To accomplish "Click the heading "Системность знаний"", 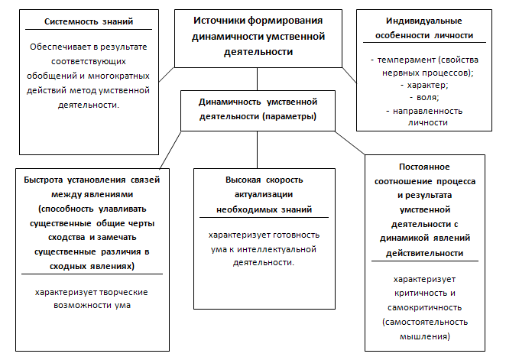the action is (89, 21).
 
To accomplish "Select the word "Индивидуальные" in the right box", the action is (424, 21).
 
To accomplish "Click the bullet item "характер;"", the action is (427, 85).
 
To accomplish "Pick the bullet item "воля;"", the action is (427, 97).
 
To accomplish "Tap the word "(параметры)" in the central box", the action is (289, 116).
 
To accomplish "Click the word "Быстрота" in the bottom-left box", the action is (44, 180).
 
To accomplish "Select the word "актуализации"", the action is (264, 194).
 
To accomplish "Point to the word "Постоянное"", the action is (424, 167).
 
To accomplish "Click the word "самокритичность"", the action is (425, 308).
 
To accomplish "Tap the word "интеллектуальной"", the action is (277, 249).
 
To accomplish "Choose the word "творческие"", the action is (124, 292).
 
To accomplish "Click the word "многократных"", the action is (118, 76).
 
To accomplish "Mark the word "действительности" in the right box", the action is (425, 253).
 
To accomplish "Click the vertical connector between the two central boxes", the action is (257, 79).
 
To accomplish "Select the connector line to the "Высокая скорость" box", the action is (257, 150).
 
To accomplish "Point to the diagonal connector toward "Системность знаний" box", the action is (167, 75).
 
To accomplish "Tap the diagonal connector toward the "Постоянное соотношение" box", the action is (350, 143).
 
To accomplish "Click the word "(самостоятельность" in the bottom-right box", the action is (425, 323).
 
